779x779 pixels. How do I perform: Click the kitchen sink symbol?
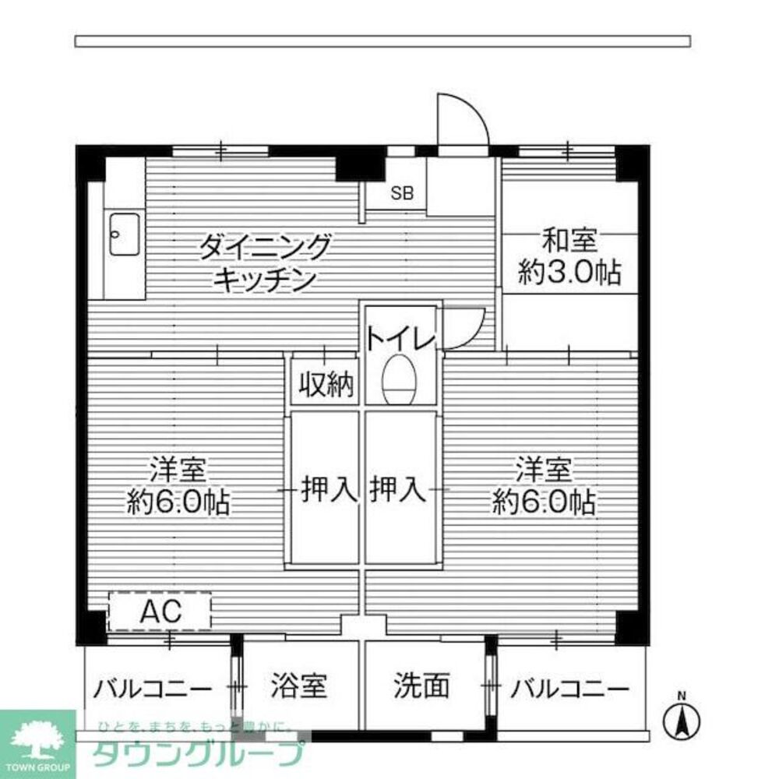(x=124, y=233)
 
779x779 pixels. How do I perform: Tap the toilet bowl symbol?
(x=400, y=379)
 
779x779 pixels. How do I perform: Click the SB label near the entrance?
(x=402, y=194)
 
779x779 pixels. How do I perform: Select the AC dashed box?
(x=160, y=612)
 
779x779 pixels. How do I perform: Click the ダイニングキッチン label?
(x=265, y=262)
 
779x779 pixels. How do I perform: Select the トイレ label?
(x=399, y=339)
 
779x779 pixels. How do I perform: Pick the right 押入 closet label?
(x=397, y=489)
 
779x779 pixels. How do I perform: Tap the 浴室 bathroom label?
(x=299, y=687)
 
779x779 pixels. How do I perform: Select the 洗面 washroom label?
(x=421, y=687)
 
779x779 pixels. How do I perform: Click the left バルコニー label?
(x=153, y=689)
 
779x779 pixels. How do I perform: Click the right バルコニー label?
(x=569, y=689)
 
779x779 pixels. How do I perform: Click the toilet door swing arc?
(x=464, y=328)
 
